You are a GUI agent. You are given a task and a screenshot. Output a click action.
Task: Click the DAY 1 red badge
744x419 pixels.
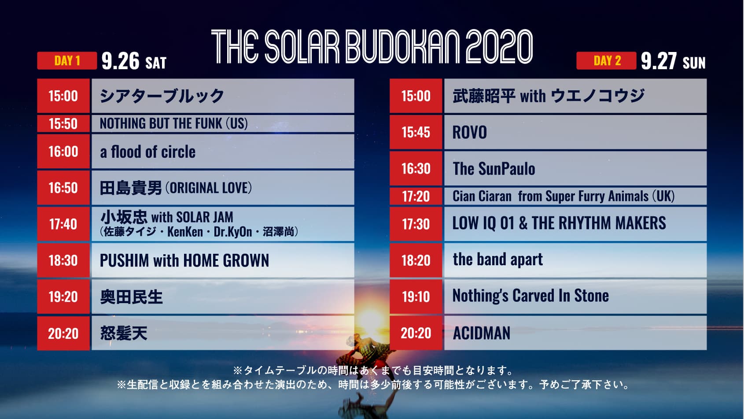click(67, 60)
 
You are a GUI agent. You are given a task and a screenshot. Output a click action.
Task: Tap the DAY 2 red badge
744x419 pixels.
click(606, 60)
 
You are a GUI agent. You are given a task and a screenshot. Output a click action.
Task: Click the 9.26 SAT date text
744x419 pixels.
click(134, 61)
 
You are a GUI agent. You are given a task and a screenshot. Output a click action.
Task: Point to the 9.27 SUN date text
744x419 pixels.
click(673, 61)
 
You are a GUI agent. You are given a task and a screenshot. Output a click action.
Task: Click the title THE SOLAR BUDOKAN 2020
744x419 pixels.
click(372, 47)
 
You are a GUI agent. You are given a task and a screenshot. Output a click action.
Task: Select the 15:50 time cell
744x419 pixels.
click(63, 124)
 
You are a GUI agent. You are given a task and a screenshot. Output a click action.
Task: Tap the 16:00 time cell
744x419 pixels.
click(63, 151)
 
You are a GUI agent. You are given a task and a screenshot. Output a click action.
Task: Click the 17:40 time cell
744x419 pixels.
click(63, 224)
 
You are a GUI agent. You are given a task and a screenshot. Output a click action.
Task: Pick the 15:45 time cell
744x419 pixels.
click(416, 132)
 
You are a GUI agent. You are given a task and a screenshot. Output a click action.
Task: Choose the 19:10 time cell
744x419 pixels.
click(416, 296)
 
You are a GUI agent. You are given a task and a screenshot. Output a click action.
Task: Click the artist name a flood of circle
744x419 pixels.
click(148, 152)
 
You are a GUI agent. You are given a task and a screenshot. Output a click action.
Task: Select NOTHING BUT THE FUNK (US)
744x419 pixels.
click(174, 123)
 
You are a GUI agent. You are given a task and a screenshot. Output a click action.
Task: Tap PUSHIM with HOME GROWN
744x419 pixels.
click(184, 260)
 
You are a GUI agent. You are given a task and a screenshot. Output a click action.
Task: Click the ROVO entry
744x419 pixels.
click(470, 132)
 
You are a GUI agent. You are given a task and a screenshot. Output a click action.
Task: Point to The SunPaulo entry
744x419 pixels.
click(494, 169)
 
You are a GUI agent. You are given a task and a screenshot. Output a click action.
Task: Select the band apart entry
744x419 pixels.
click(498, 260)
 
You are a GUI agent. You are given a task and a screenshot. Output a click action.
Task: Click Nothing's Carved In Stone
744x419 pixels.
click(530, 296)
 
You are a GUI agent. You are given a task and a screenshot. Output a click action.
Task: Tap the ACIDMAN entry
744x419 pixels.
click(482, 333)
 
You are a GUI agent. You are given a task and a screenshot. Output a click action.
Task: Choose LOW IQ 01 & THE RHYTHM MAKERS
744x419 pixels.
click(559, 223)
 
